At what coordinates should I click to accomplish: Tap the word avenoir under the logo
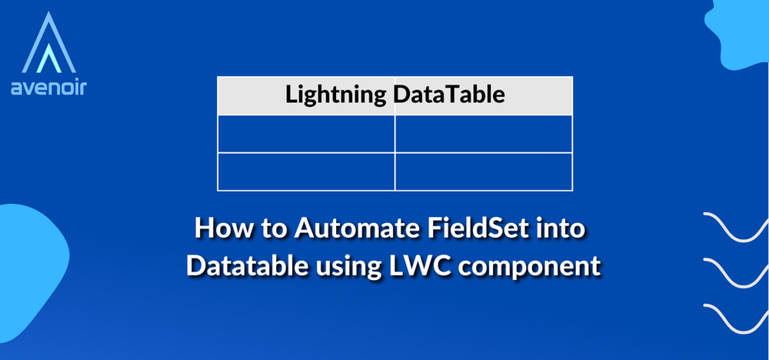click(48, 88)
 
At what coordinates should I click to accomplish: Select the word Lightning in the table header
click(335, 95)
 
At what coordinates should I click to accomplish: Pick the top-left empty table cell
click(306, 134)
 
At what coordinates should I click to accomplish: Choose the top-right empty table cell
click(484, 134)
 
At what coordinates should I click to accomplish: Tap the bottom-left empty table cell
click(306, 171)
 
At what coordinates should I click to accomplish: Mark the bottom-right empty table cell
click(484, 171)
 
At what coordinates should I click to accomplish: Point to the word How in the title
click(222, 229)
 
